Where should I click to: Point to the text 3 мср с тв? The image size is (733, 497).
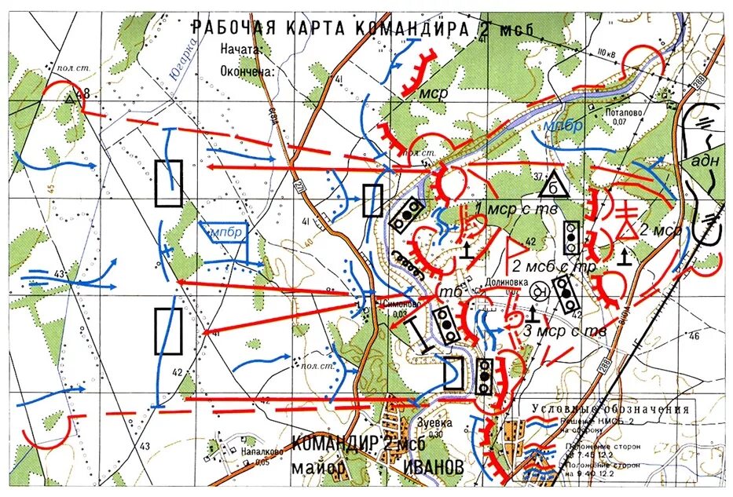564,331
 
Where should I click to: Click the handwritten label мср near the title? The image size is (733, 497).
435,93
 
